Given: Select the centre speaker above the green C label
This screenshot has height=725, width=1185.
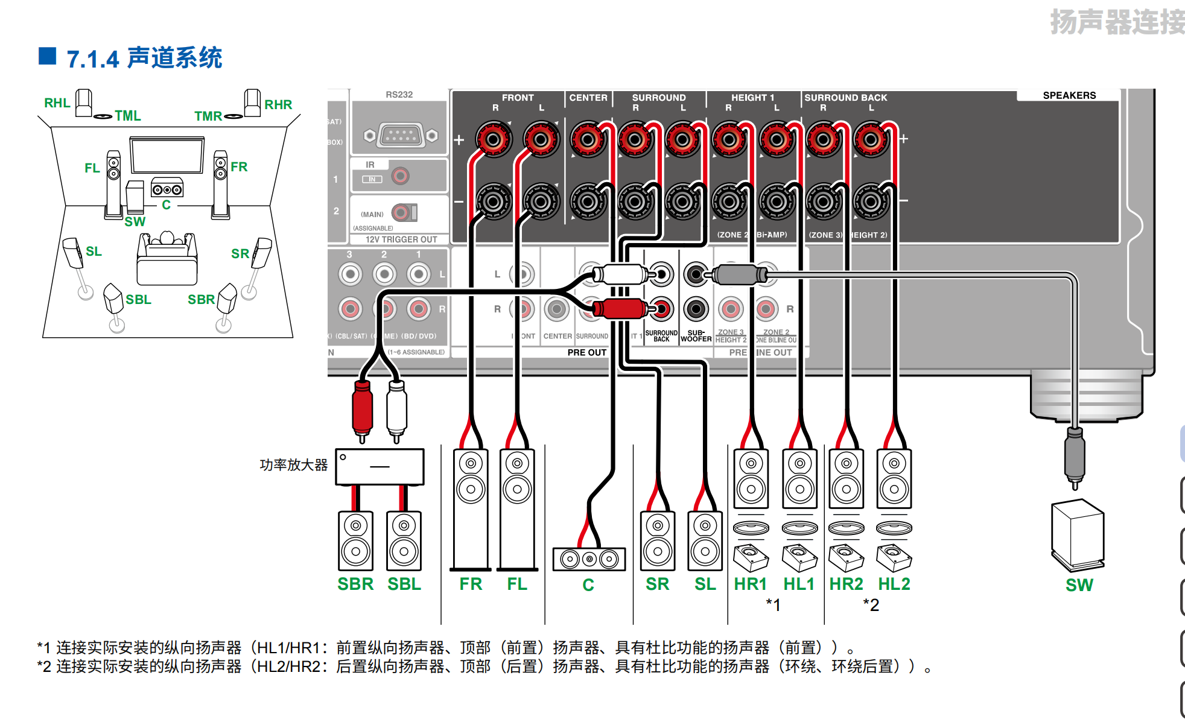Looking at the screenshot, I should pos(589,559).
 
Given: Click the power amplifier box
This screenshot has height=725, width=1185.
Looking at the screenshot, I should pos(380,466).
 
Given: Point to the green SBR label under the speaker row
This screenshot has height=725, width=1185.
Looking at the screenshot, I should pos(355,584).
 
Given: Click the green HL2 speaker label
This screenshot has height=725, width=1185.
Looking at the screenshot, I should pos(894,584).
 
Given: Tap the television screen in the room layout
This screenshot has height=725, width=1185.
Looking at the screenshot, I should pos(167,155).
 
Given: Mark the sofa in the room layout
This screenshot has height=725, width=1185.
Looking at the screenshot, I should pos(167,259).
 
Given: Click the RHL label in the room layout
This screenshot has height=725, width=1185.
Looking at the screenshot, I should pos(57,103).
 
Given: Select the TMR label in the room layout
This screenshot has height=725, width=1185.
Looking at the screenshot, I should pos(208,116).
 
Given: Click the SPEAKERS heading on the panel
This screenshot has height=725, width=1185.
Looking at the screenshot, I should pos(1069,95).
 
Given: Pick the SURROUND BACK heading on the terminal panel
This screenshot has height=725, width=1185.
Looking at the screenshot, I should pos(845,97).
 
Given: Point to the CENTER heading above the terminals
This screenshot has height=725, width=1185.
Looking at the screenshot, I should pos(588,97).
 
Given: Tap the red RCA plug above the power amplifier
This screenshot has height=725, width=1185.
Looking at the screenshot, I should pos(362,409).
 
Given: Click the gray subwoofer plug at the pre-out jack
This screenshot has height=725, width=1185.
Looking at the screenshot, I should pos(736,275).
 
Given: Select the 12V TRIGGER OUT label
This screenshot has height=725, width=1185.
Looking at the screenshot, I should pos(401,239).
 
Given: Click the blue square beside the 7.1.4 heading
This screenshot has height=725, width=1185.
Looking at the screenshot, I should pos(48,56).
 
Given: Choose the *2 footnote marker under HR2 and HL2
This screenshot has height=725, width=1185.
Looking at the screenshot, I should pos(871,604).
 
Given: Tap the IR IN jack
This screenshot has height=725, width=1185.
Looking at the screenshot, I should pos(400,176).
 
